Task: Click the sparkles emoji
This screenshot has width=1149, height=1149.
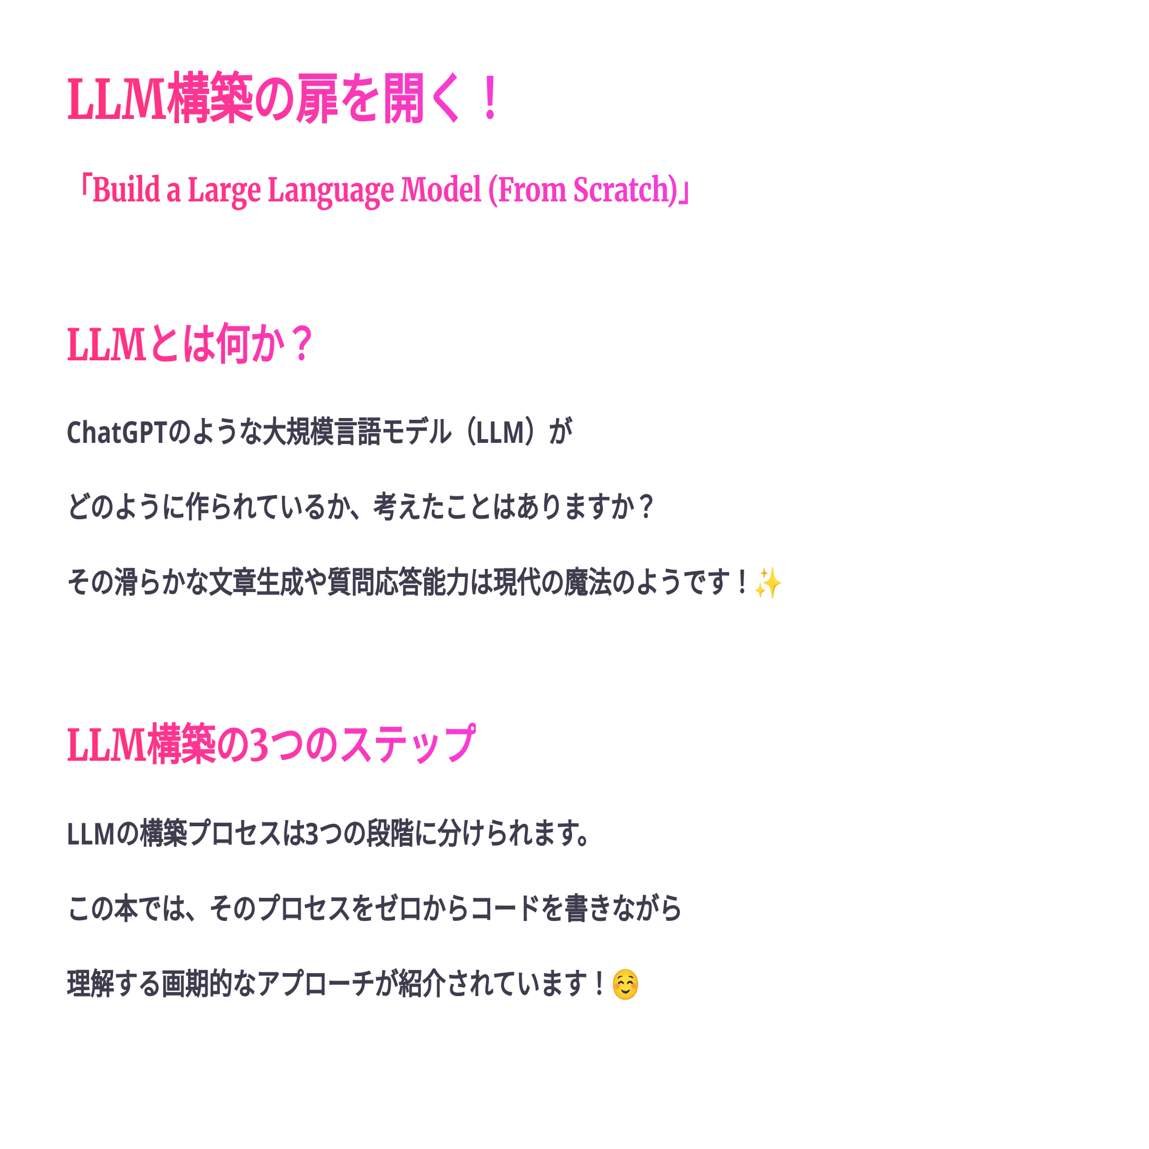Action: [768, 583]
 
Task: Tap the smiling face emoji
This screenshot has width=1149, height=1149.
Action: [625, 984]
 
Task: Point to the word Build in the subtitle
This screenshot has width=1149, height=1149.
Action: [126, 190]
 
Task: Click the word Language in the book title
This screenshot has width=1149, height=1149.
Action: [331, 190]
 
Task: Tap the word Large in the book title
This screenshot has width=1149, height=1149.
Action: [224, 190]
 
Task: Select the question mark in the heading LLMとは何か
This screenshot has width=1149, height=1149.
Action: [301, 344]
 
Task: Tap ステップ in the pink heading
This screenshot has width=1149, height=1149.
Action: [407, 744]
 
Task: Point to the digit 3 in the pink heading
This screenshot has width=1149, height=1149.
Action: [259, 744]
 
